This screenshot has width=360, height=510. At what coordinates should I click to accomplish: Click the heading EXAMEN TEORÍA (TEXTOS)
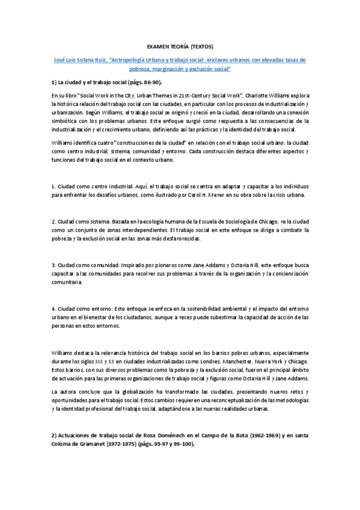[180, 46]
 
